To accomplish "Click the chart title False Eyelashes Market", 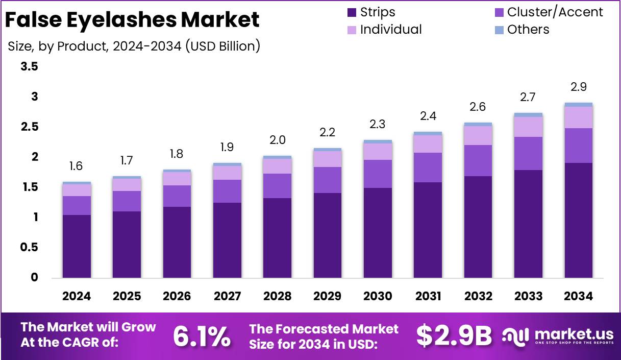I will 132,20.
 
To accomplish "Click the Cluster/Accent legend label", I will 555,12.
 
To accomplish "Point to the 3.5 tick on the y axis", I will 29,67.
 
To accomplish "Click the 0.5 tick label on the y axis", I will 29,247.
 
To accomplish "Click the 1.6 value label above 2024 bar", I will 76,166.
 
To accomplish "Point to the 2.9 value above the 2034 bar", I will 578,87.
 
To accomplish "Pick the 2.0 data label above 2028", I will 278,140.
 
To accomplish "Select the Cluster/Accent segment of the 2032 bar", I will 478,160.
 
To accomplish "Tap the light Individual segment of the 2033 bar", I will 528,127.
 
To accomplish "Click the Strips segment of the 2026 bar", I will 177,242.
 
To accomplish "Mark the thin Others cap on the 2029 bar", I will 328,150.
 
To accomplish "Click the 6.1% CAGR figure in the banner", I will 201,336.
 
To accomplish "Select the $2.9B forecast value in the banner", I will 454,336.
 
